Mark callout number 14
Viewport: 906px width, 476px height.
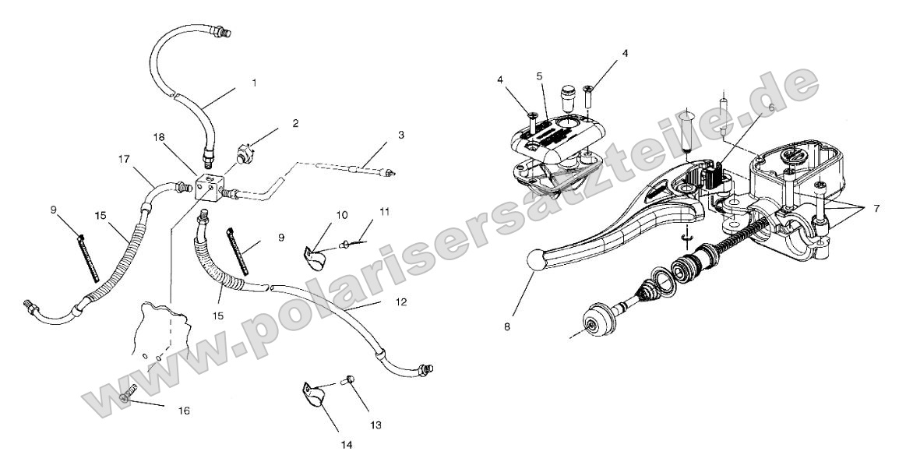[346, 445]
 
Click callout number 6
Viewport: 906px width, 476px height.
[770, 109]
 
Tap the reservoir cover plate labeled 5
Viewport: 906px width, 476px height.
[557, 138]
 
